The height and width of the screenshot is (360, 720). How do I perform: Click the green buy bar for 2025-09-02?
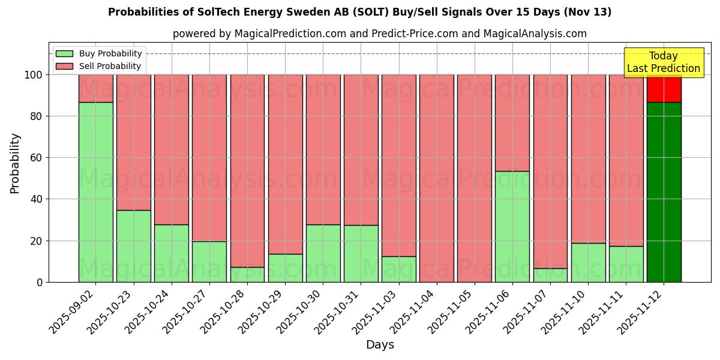click(x=95, y=192)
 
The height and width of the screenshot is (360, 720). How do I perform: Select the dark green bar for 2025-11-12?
click(x=664, y=192)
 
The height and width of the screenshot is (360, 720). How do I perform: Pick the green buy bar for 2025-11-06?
click(x=512, y=227)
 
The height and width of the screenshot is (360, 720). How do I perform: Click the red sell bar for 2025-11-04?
click(x=437, y=178)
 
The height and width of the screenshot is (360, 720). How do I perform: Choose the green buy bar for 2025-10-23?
click(x=133, y=246)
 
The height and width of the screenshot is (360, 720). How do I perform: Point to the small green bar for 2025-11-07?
click(x=550, y=275)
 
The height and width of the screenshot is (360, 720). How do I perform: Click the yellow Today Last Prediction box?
click(x=663, y=62)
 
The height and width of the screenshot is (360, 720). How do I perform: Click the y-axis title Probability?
click(x=15, y=163)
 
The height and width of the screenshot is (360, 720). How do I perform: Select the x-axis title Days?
click(x=380, y=345)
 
